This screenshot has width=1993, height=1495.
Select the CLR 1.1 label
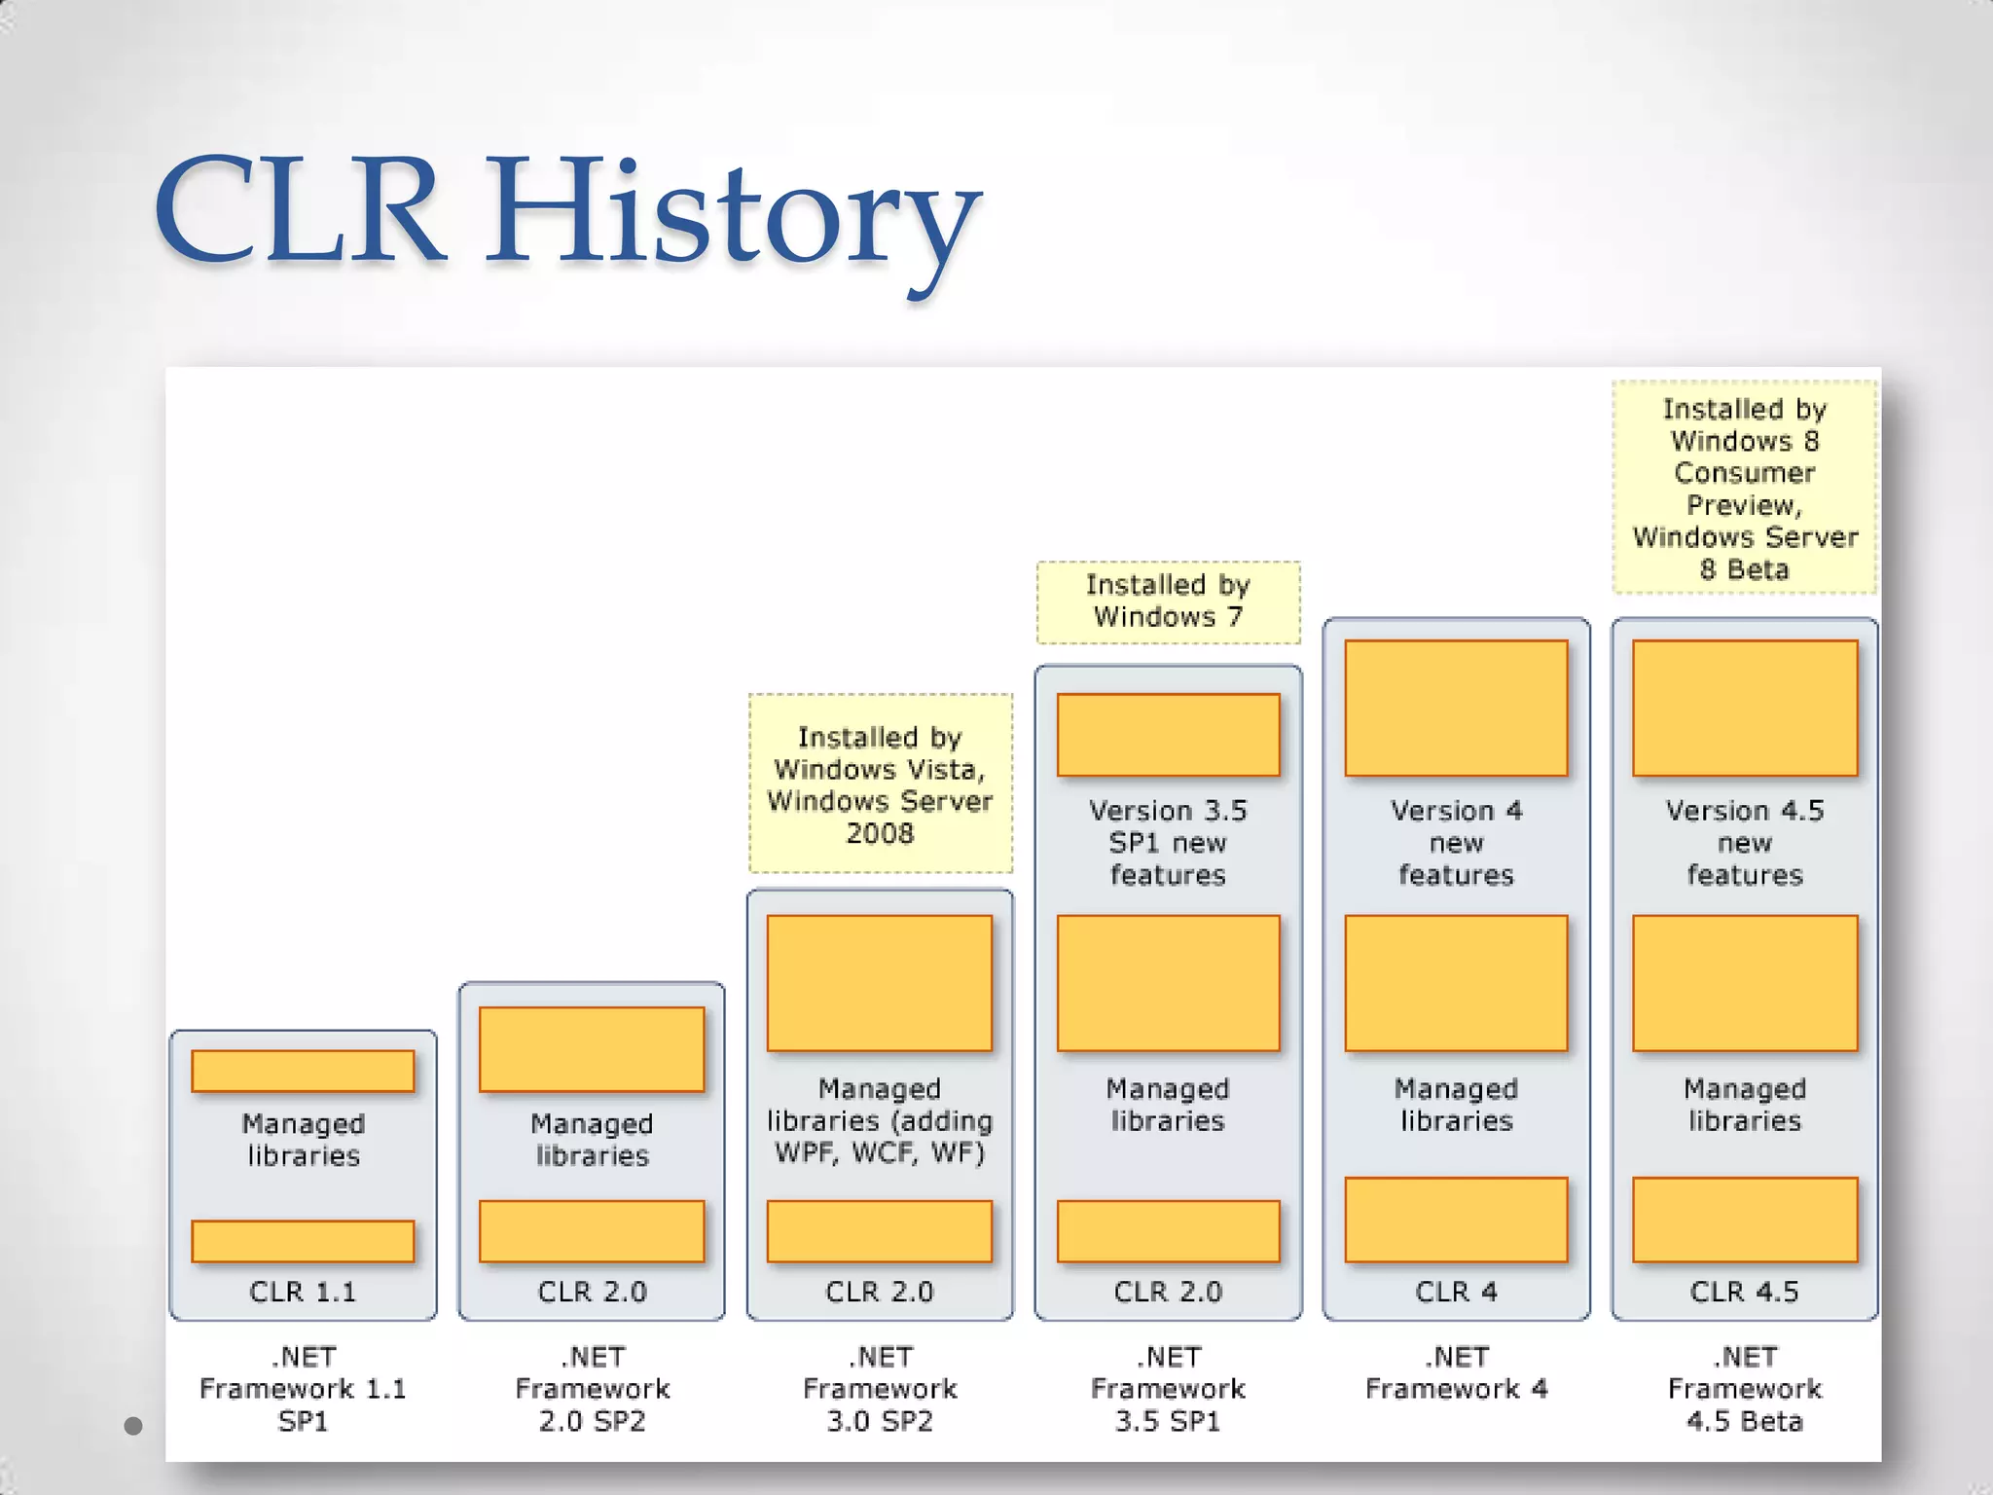303,1292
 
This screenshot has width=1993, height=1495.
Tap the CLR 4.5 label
1744,1292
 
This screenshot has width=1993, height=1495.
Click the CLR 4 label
1456,1292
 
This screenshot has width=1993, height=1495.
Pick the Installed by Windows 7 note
1168,602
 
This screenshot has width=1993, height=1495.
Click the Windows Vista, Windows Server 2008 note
880,784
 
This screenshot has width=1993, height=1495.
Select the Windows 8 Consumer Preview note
1744,489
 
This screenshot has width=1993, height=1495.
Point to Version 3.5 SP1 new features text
1168,843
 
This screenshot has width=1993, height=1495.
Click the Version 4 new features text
1456,843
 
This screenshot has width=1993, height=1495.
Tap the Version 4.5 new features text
1744,843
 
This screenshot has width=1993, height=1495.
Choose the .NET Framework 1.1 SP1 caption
303,1389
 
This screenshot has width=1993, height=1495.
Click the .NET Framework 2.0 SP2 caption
592,1389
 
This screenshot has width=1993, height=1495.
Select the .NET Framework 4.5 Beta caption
1744,1389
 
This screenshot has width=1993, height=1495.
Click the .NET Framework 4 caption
1456,1373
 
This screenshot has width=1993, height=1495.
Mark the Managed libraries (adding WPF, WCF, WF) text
880,1120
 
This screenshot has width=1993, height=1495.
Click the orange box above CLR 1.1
303,1241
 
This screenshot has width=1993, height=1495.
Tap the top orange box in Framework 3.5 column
1168,735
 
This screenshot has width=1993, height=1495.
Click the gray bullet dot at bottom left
134,1426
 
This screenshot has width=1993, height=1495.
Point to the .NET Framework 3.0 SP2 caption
880,1389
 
